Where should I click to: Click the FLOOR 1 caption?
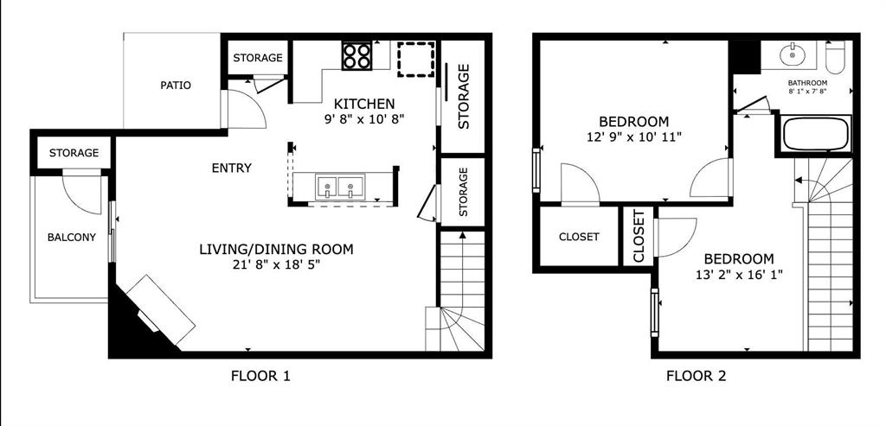point(260,376)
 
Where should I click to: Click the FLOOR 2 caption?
point(696,376)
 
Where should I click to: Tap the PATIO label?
point(176,86)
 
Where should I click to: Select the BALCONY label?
point(72,238)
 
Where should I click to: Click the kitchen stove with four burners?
point(356,56)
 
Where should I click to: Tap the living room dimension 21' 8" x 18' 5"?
point(271,265)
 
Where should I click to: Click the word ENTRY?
point(232,168)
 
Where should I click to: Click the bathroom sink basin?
point(793,56)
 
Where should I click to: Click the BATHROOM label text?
point(807,84)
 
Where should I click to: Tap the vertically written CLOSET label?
point(639,236)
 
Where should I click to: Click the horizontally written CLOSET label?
point(579,237)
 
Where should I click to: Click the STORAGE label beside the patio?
point(258,58)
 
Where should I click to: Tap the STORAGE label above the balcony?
point(74,153)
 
